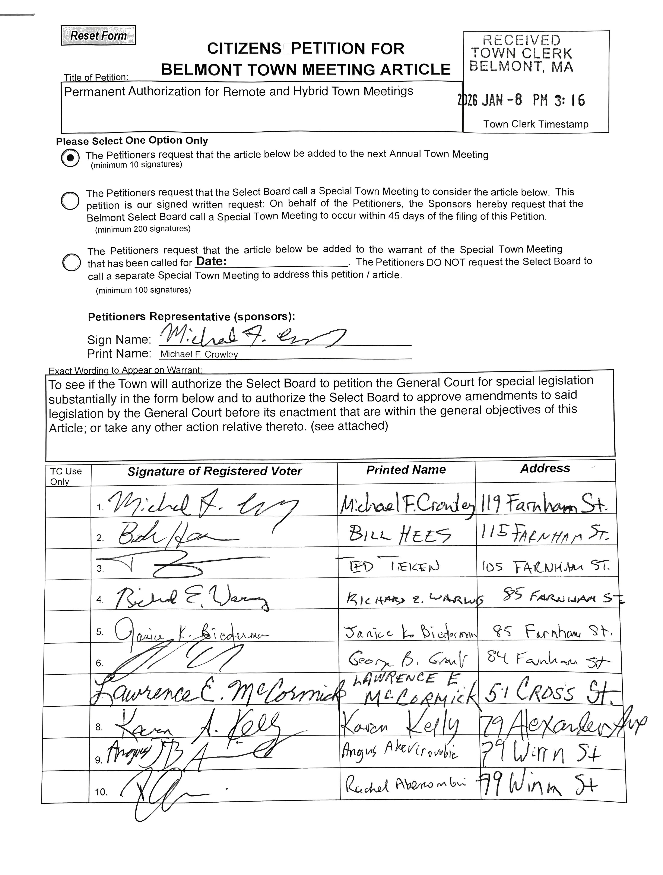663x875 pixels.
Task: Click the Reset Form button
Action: click(98, 35)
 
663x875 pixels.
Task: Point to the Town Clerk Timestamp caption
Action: click(536, 124)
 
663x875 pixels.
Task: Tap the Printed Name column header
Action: click(406, 470)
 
